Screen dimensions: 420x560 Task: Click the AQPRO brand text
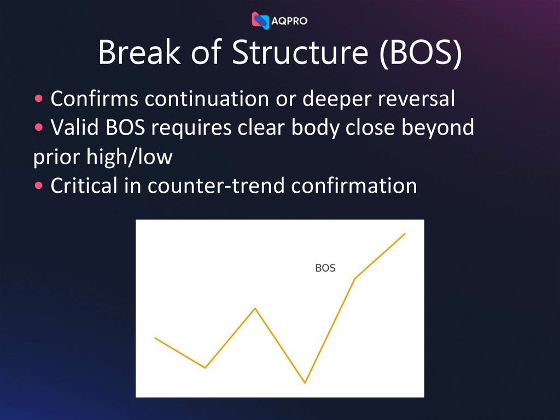coord(289,21)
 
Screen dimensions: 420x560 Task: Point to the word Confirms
coord(94,99)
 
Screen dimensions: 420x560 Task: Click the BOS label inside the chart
coord(325,268)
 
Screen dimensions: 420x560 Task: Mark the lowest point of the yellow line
coord(305,382)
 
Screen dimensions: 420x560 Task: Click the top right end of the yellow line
coord(405,234)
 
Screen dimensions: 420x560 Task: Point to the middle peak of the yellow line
coord(255,308)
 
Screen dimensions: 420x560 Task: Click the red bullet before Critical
coord(39,186)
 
